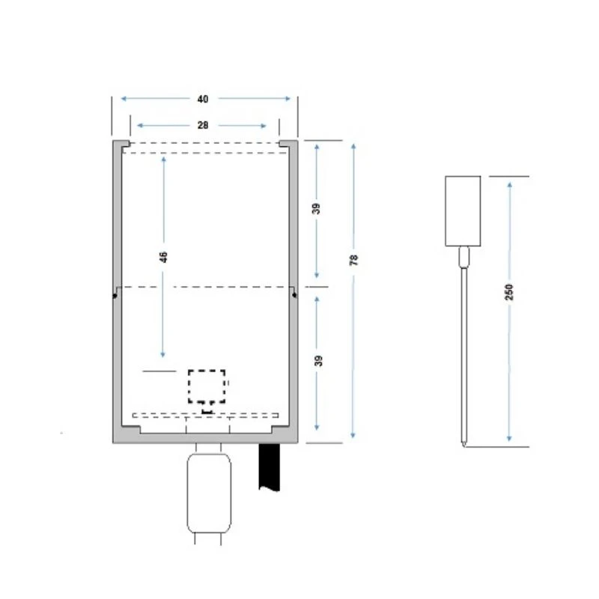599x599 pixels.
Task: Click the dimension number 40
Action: (203, 100)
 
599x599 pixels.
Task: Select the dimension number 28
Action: (203, 125)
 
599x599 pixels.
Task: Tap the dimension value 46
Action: (163, 257)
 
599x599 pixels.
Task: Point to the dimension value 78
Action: (354, 260)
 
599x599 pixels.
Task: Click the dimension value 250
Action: (509, 292)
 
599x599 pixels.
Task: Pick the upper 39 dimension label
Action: (316, 209)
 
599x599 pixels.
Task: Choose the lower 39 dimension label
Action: (318, 361)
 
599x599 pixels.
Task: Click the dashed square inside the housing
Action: (207, 386)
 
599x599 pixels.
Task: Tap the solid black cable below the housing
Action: (270, 466)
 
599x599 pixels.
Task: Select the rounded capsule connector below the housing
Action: (209, 493)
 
